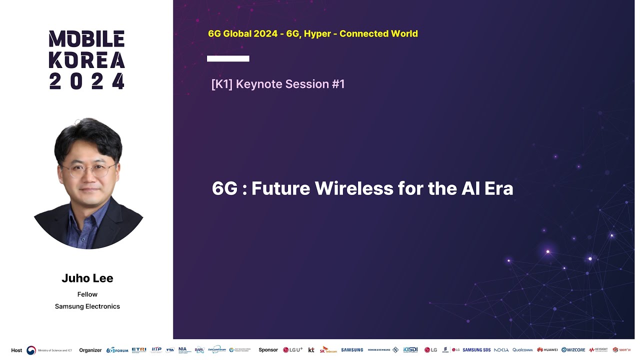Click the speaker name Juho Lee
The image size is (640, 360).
pos(87,278)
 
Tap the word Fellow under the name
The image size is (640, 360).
pos(87,294)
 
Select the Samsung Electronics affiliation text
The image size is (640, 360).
pos(87,306)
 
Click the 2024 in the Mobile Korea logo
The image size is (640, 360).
pos(86,81)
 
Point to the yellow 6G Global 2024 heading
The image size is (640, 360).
pos(312,34)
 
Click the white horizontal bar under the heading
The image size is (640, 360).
pos(228,58)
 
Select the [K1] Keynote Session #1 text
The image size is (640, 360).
pos(278,84)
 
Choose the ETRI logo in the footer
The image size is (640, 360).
pos(139,350)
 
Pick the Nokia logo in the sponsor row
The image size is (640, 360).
pos(501,350)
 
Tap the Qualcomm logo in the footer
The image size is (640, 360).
pos(522,350)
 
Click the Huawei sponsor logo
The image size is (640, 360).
pos(547,350)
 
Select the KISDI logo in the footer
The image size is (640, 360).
pos(410,350)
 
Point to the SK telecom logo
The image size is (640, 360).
pos(328,350)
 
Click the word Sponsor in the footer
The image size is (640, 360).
pos(268,350)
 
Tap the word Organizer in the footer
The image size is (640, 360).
pos(90,350)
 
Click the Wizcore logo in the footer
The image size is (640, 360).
pos(573,350)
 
